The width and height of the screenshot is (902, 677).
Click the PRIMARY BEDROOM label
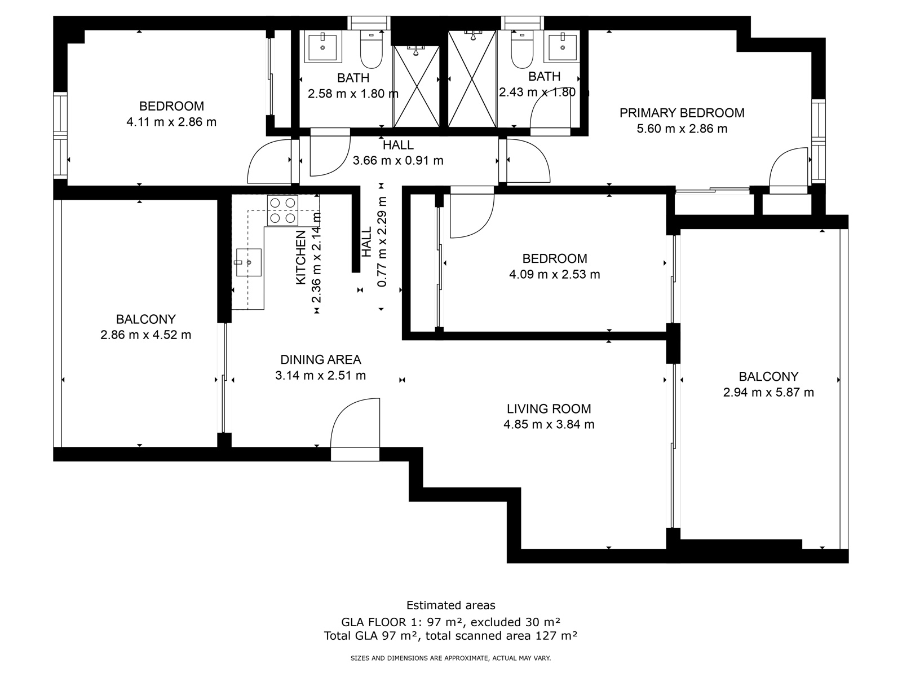click(x=682, y=113)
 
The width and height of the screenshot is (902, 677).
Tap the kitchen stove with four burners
click(x=283, y=210)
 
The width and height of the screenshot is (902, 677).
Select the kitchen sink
click(x=248, y=262)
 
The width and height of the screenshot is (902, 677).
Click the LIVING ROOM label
click(x=549, y=408)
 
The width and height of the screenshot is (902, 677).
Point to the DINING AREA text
click(x=321, y=360)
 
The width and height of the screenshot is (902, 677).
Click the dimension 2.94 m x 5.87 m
click(x=768, y=392)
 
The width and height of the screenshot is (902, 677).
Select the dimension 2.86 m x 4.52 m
click(x=146, y=335)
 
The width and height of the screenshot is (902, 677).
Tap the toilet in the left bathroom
click(x=372, y=49)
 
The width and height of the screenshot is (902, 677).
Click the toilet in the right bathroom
click(x=522, y=49)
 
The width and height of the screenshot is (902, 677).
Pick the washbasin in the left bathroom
click(x=322, y=46)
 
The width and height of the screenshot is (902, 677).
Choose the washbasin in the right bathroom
click(x=562, y=46)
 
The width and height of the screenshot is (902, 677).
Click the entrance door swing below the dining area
click(x=355, y=423)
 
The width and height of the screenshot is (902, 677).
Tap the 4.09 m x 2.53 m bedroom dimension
click(x=554, y=274)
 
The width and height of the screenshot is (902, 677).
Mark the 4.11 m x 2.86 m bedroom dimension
click(x=171, y=122)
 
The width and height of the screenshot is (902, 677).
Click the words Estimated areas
click(x=451, y=605)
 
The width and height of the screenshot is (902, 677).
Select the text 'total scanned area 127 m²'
click(x=501, y=636)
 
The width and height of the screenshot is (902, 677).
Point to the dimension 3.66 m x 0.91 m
click(x=398, y=160)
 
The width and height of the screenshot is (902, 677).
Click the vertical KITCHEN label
click(x=301, y=257)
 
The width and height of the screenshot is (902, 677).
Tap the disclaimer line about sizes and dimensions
click(x=450, y=658)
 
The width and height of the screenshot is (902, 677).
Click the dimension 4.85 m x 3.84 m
click(x=549, y=424)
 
